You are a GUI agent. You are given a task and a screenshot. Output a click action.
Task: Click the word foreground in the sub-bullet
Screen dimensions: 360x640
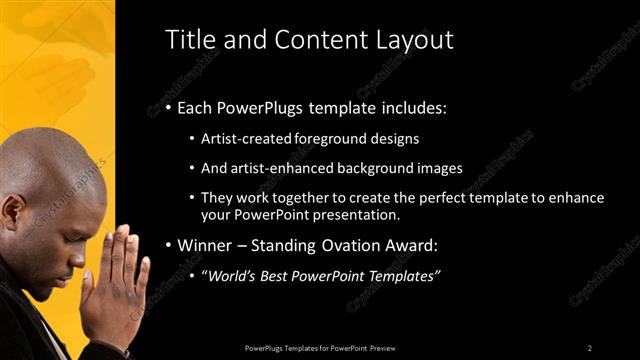345,139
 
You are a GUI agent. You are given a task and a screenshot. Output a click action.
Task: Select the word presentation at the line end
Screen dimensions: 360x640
356,214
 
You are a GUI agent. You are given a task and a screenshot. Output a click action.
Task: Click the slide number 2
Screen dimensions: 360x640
590,347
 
